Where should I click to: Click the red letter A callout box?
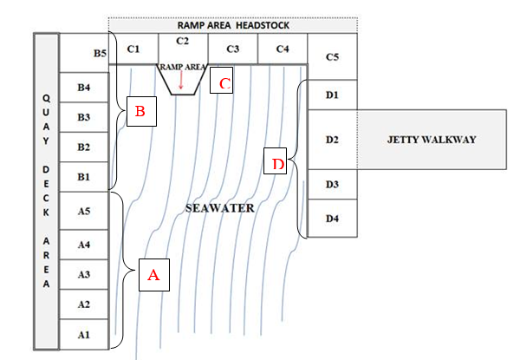[x=153, y=275]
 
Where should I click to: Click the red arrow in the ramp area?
[x=180, y=80]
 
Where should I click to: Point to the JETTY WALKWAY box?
[x=431, y=140]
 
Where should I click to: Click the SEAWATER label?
[x=221, y=209]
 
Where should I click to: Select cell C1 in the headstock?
[x=133, y=49]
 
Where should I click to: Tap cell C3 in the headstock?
[x=232, y=49]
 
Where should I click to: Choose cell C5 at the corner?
[x=332, y=57]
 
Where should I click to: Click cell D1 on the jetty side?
[x=332, y=95]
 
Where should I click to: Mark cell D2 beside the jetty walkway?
[x=332, y=140]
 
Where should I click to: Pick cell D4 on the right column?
[x=332, y=218]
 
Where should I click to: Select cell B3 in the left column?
[x=84, y=117]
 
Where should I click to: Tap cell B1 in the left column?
[x=84, y=177]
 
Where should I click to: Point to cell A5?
[x=84, y=211]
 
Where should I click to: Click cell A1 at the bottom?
[x=84, y=334]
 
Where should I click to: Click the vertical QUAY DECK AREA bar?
[x=46, y=191]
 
